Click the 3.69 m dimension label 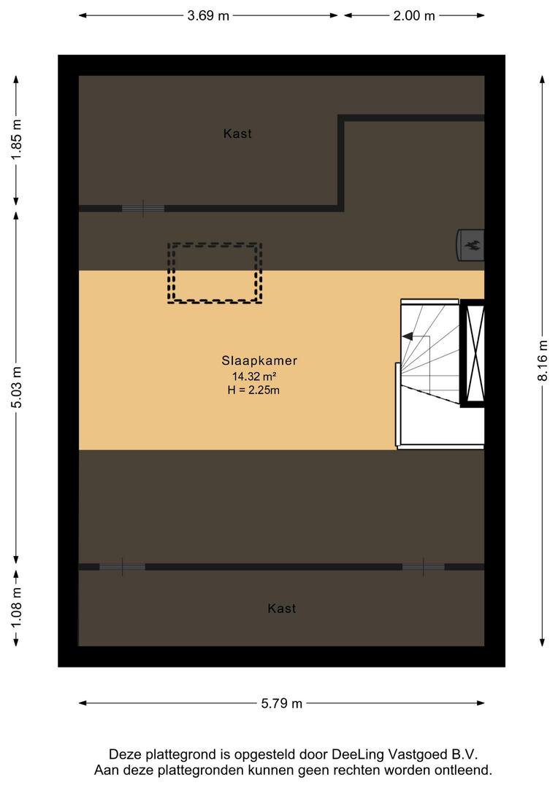tap(208, 15)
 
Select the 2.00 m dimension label tap(413, 15)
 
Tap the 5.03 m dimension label tap(16, 387)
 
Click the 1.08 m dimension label tap(16, 608)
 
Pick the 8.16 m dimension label tap(543, 360)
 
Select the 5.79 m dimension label tap(281, 703)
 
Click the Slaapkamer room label tap(259, 360)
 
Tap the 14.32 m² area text tap(254, 376)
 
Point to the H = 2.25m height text tap(253, 390)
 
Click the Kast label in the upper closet tap(237, 134)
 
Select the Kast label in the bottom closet tap(282, 609)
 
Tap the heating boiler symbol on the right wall tap(470, 245)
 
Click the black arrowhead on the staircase tap(408, 336)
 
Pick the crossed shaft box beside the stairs tap(473, 353)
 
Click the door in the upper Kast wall tap(143, 208)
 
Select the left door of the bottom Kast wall tap(122, 567)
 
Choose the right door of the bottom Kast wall tap(423, 567)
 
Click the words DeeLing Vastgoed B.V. tap(405, 754)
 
